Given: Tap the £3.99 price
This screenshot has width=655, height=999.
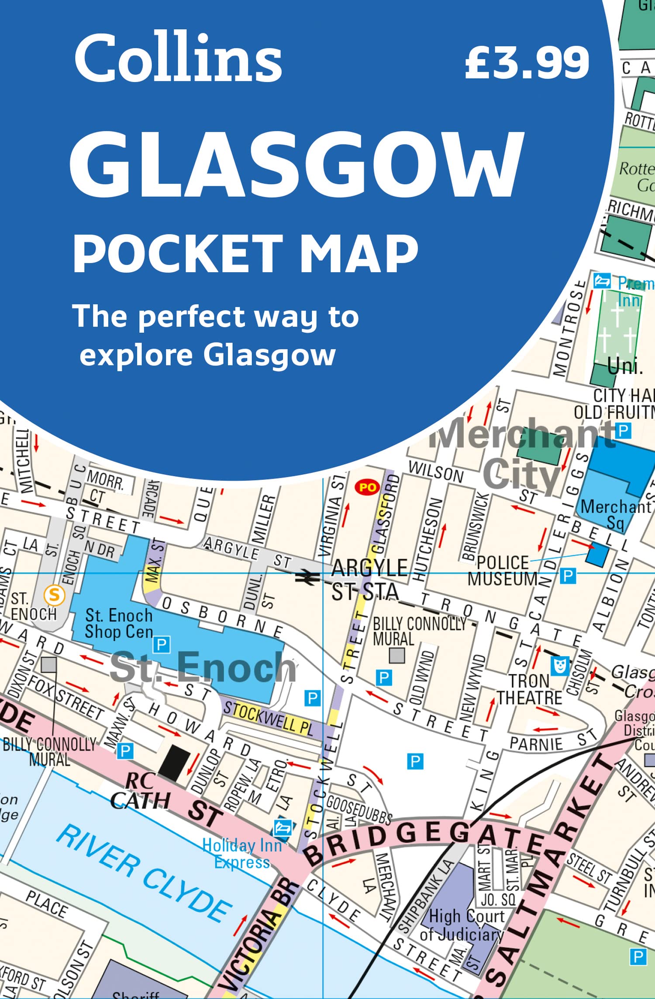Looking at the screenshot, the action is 527,63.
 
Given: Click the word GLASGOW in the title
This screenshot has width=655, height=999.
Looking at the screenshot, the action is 296,165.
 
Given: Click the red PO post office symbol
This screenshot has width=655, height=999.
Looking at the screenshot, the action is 367,487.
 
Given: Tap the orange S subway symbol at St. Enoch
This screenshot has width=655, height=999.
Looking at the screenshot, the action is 54,595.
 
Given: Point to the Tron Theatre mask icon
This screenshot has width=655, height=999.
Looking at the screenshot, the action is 560,665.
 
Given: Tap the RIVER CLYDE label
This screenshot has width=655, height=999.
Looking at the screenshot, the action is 144,872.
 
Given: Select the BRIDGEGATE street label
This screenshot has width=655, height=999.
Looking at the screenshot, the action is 424,837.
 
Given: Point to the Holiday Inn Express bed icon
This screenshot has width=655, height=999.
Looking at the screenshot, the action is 283,827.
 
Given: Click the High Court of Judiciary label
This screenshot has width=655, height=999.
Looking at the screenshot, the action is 463,925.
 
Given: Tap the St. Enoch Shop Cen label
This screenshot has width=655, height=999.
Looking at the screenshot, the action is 119,624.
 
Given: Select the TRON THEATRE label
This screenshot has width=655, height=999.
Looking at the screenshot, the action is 529,690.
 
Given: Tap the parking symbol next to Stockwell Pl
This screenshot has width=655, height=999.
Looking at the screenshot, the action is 313,698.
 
